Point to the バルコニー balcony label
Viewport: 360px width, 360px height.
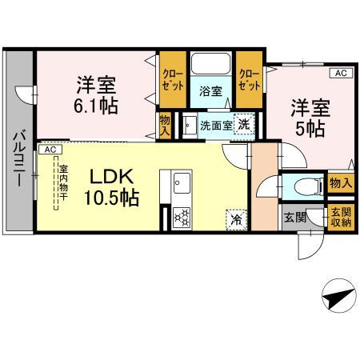17,159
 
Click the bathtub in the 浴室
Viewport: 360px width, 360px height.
210,64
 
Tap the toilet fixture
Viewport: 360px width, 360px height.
305,186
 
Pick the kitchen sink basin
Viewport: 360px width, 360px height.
177,185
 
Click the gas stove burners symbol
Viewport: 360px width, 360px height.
181,216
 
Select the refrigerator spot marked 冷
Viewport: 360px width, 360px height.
237,216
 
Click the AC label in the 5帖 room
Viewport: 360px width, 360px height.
340,74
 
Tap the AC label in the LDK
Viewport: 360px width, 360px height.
49,150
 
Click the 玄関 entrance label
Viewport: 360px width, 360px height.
293,217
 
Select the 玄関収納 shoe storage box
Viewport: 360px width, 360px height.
340,217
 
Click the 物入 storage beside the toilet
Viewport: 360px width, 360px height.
340,184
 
